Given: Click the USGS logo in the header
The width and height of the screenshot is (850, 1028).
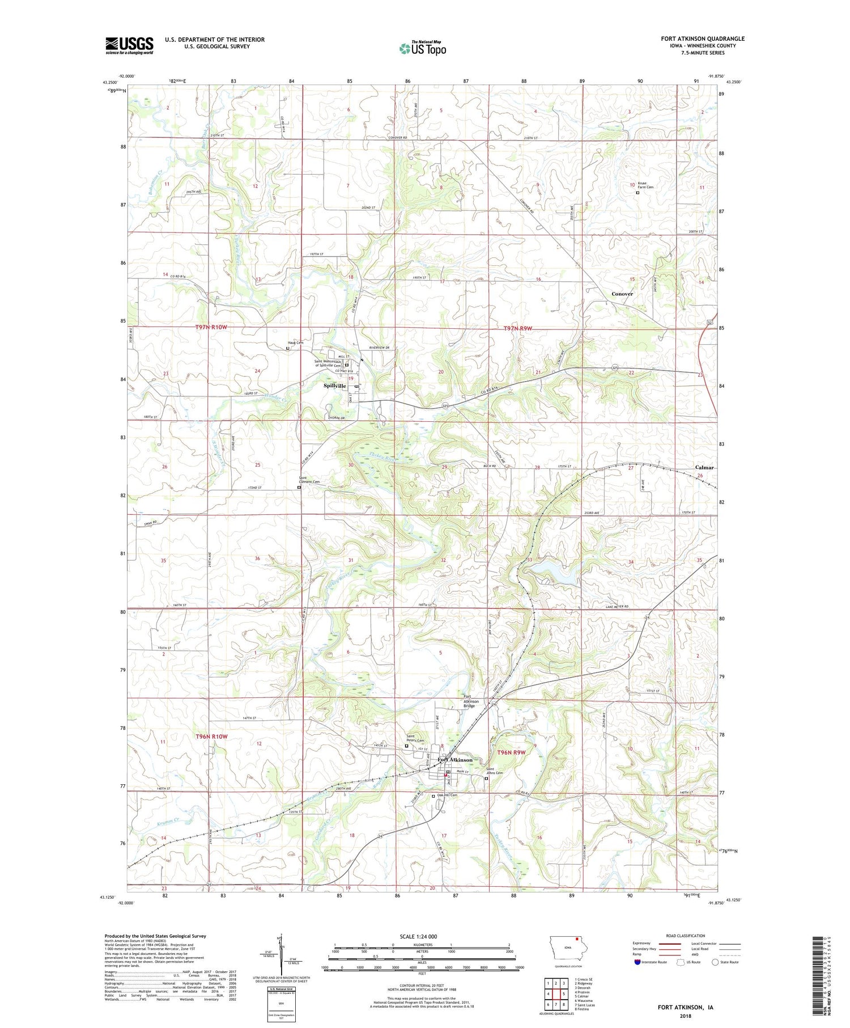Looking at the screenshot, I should [x=129, y=45].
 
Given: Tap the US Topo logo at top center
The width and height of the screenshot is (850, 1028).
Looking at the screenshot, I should [x=423, y=48].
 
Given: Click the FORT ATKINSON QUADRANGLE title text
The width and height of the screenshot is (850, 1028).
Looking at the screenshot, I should [x=702, y=39].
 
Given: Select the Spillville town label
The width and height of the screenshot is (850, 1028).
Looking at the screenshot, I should [x=334, y=386].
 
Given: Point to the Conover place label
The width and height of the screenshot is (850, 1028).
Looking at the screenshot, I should [x=622, y=294].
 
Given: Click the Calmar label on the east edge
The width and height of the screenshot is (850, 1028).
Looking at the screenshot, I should [x=704, y=467].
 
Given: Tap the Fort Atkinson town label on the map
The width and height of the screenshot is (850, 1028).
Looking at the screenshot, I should [x=455, y=760].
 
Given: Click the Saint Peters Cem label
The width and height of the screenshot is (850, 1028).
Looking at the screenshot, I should [x=415, y=738].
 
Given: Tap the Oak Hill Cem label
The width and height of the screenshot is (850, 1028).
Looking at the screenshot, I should [x=447, y=796].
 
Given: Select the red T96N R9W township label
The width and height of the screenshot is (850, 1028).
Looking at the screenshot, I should [x=512, y=752].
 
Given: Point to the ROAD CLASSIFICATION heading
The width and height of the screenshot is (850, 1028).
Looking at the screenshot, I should [x=686, y=936].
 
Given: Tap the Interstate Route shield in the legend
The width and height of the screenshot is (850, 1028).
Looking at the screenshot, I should [x=637, y=962].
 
